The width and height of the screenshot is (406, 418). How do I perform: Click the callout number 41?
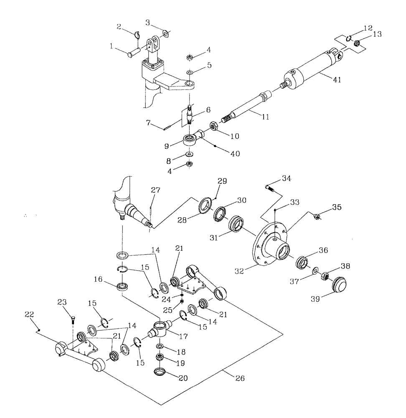337,79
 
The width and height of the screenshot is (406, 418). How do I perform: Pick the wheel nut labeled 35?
317,216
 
